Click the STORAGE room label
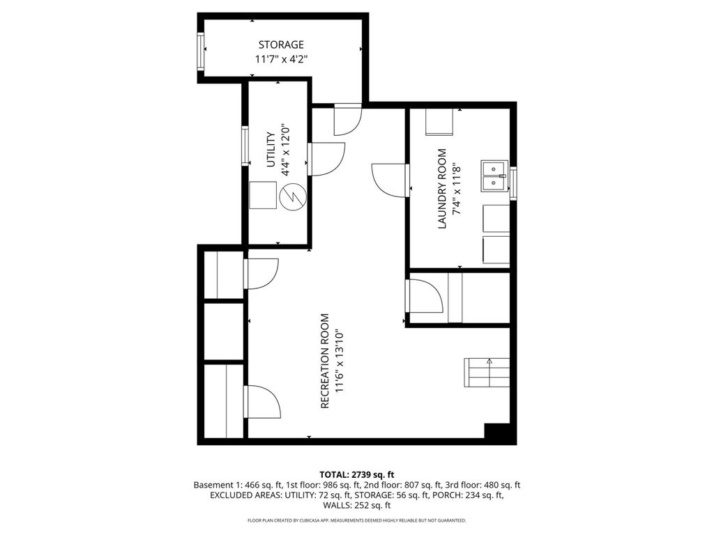[x=281, y=45]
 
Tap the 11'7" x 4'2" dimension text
[x=282, y=59]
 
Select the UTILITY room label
[x=271, y=150]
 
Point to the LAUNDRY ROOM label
[x=441, y=189]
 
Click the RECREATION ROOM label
[x=325, y=362]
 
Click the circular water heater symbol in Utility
[x=293, y=196]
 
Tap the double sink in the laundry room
[x=494, y=176]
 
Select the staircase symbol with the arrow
[x=487, y=373]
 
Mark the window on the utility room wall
[x=245, y=146]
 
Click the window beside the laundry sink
[x=513, y=183]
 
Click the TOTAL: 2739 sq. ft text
[x=356, y=475]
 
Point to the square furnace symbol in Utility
[x=263, y=195]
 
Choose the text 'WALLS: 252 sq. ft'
[x=357, y=505]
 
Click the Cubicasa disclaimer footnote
[x=356, y=520]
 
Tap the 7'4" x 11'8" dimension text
[x=457, y=189]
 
